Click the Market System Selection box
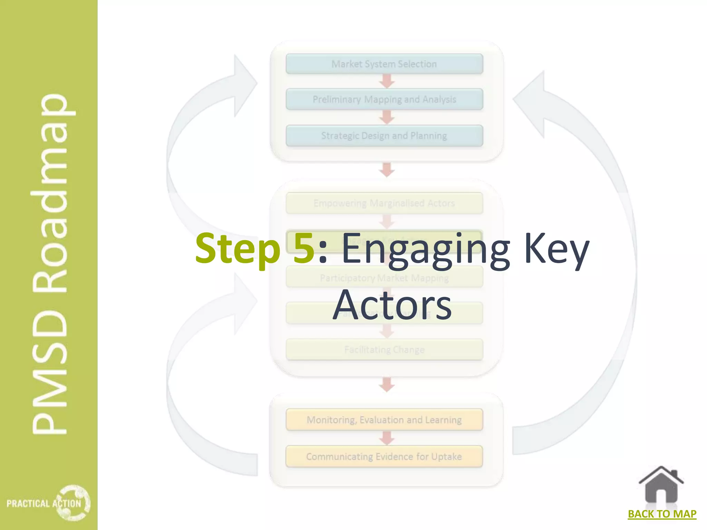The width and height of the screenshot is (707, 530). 384,64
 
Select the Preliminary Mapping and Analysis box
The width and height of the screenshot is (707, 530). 384,99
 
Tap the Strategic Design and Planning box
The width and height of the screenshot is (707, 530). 384,136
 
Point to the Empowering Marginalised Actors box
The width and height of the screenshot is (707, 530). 384,203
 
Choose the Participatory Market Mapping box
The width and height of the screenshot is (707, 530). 384,278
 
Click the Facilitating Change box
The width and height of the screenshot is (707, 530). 384,350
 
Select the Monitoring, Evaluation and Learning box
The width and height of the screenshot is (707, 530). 384,420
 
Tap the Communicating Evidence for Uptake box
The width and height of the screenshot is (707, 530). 384,457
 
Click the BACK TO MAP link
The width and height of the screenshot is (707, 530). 662,514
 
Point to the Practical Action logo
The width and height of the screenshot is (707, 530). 48,503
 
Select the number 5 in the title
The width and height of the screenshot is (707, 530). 303,248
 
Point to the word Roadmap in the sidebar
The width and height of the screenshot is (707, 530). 50,193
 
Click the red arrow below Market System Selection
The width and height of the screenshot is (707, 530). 387,81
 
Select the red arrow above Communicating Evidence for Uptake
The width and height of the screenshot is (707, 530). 387,438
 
